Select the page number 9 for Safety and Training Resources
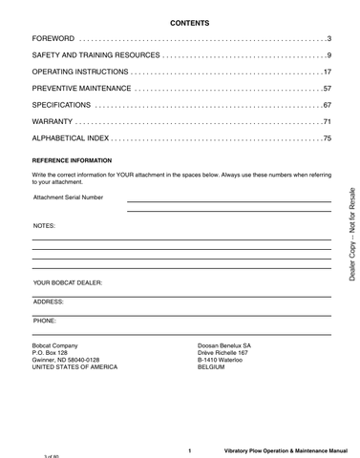tap(328, 54)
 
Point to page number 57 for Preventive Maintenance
tap(327, 89)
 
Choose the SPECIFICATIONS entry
tap(62, 105)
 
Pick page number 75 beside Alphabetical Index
tap(327, 139)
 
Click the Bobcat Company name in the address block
tap(55, 344)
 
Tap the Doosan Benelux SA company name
tap(222, 344)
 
